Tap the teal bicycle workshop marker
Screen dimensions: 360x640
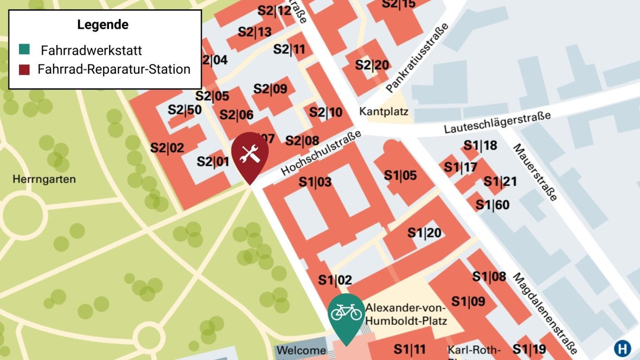click(x=346, y=313)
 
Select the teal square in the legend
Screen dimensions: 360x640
click(x=24, y=50)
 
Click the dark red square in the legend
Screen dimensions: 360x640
click(x=24, y=69)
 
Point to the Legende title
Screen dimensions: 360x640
click(x=103, y=25)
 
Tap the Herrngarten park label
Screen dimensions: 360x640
click(x=44, y=179)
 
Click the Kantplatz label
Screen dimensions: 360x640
click(x=383, y=112)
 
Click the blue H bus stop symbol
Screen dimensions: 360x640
click(x=623, y=348)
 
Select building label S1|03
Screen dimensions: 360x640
click(x=315, y=182)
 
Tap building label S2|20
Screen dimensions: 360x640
click(x=372, y=65)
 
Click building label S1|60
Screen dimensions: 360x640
click(x=492, y=205)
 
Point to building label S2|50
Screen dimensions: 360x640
click(x=184, y=110)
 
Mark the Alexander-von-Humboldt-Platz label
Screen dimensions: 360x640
click(x=406, y=314)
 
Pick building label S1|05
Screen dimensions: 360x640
click(x=400, y=175)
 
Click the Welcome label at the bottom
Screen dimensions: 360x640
click(x=302, y=350)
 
